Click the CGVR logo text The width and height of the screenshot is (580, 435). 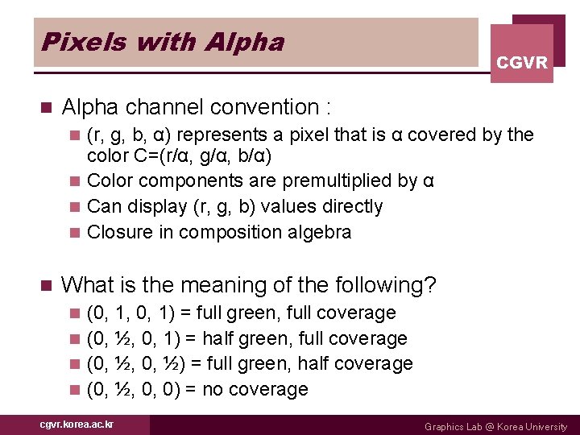pos(522,62)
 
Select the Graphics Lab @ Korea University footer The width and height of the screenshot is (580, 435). pos(495,426)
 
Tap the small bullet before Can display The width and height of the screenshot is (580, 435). pos(75,207)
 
